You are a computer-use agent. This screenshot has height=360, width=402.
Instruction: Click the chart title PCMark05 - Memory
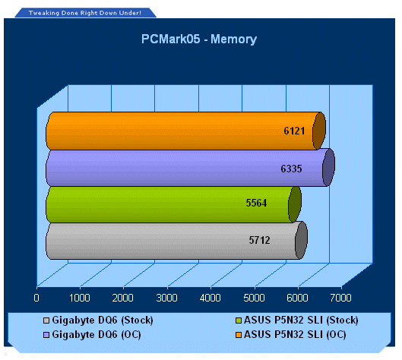tap(199, 39)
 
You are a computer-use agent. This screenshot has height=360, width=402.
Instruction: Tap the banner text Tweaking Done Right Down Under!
tap(85, 13)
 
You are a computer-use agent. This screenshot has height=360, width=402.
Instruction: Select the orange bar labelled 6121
tap(186, 131)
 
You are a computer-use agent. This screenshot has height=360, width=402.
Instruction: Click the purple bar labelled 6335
tap(190, 168)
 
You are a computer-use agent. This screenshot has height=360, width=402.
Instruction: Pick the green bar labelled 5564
tap(173, 204)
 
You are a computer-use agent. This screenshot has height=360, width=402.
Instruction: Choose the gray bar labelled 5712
tap(176, 241)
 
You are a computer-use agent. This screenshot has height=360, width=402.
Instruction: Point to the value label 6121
tap(294, 131)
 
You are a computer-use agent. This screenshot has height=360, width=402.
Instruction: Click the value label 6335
tap(291, 169)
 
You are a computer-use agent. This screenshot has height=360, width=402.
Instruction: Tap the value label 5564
tap(256, 203)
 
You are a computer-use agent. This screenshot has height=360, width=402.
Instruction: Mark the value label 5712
tap(259, 240)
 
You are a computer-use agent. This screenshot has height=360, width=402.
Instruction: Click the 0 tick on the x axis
tap(36, 298)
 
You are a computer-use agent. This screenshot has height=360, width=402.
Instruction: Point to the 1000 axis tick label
tap(80, 298)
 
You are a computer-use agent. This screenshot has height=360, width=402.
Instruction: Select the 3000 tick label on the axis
tap(166, 298)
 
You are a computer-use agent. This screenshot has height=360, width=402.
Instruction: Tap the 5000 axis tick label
tap(254, 298)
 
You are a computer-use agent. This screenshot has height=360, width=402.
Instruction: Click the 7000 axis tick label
tap(340, 298)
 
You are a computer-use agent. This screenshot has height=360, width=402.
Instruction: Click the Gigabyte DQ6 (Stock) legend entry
tap(98, 321)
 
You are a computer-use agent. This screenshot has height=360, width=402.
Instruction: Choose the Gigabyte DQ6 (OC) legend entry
tap(92, 335)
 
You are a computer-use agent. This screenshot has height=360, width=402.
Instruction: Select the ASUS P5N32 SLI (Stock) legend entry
tap(297, 321)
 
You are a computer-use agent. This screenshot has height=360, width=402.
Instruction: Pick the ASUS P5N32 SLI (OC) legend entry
tap(291, 335)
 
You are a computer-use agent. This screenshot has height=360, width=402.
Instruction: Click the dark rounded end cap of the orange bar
tap(319, 131)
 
